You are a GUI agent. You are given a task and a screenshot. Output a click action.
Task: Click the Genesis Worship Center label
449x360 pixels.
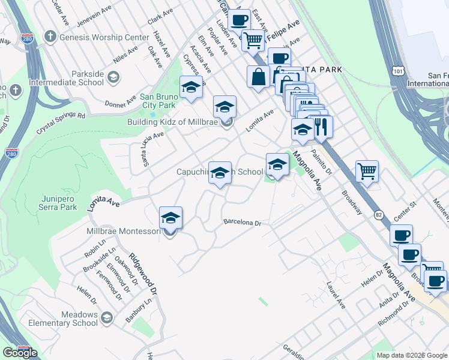(x=103, y=37)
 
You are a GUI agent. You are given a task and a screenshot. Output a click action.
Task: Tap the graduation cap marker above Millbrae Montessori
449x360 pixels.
(x=170, y=218)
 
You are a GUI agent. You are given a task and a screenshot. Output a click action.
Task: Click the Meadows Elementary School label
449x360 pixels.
(x=79, y=319)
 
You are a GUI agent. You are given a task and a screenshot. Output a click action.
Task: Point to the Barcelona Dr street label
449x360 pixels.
(x=243, y=223)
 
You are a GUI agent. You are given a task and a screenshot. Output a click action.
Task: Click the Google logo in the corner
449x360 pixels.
(x=20, y=353)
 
